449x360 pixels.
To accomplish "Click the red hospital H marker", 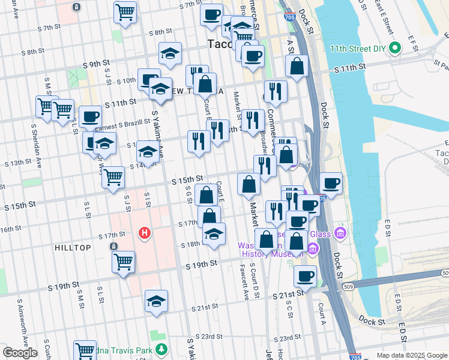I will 144,232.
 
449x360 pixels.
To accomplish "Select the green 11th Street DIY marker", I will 395,48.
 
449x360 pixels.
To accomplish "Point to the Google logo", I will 20,353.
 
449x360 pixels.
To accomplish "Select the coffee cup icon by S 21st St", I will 305,277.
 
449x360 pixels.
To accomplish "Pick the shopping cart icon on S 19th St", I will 123,262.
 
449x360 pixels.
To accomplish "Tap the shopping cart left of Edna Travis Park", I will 85,350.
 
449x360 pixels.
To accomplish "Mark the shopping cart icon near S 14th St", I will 113,177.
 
